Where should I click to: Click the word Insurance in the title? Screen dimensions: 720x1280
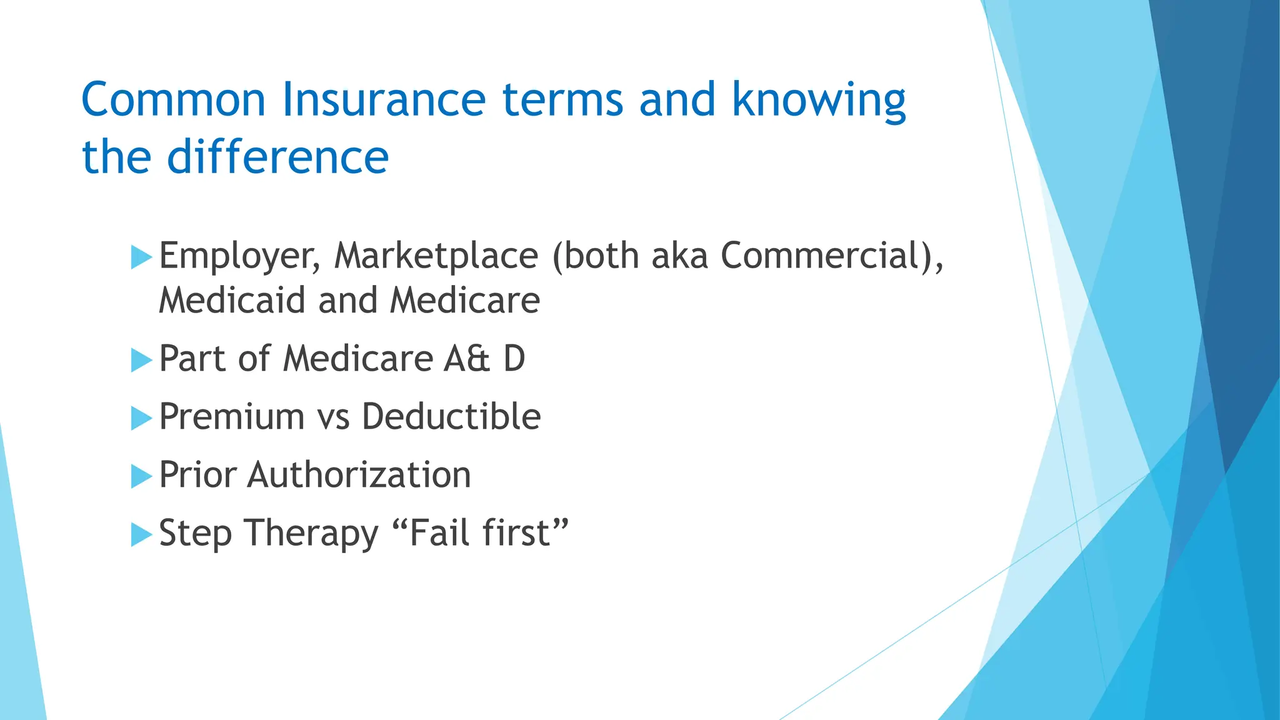click(x=383, y=100)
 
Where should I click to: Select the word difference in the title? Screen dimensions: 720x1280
click(x=277, y=157)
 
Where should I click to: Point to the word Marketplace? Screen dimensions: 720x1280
click(x=436, y=256)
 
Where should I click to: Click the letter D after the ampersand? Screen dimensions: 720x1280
click(x=514, y=359)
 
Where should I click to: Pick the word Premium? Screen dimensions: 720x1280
click(x=231, y=417)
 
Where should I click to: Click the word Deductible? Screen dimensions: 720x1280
click(x=451, y=417)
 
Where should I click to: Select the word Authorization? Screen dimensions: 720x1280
click(x=359, y=475)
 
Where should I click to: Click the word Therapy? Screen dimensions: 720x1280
click(x=311, y=534)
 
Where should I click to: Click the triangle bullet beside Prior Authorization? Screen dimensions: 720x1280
click(x=141, y=477)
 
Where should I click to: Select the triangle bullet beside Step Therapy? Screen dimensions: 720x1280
click(x=141, y=535)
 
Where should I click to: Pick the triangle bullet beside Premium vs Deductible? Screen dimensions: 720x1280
click(x=141, y=419)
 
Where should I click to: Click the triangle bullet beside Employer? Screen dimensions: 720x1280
click(x=141, y=257)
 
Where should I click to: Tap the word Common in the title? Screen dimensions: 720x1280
click(x=173, y=100)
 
